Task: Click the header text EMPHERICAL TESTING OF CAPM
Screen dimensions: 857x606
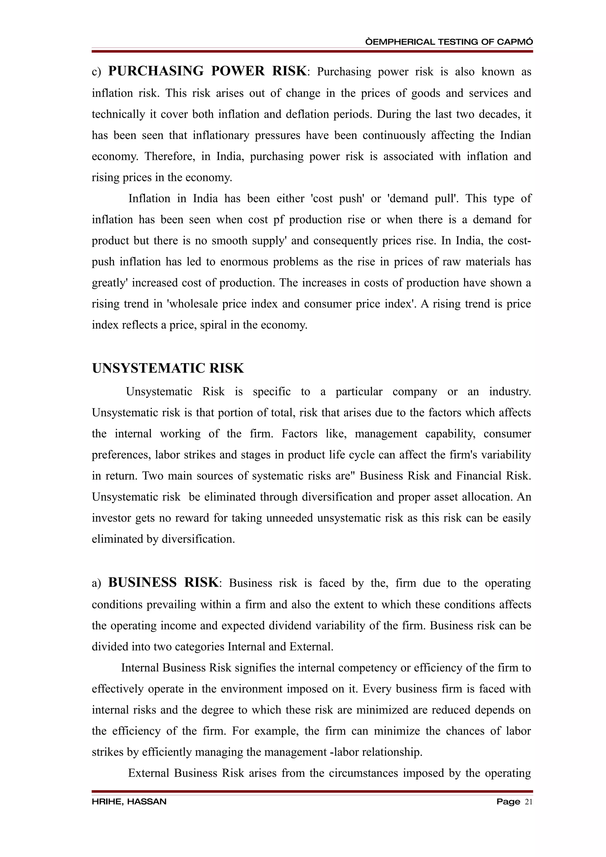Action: pos(449,42)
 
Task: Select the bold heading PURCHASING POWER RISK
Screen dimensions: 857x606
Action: pos(207,71)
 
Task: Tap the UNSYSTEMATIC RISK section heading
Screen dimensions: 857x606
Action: pos(168,368)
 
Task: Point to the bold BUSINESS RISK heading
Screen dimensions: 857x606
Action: pos(163,583)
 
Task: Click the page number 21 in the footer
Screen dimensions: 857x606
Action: pos(529,802)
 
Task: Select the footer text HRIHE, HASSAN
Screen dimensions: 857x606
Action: pos(129,802)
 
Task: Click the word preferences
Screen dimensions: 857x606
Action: pos(120,455)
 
